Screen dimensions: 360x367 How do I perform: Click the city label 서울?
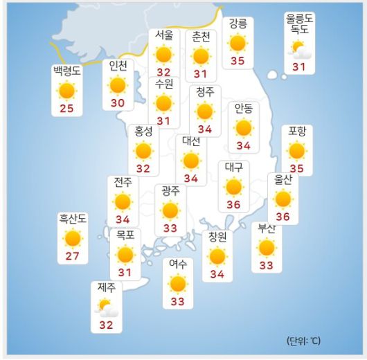[164, 35]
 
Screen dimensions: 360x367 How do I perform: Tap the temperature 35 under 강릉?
[238, 60]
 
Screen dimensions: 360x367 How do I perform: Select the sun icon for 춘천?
[201, 55]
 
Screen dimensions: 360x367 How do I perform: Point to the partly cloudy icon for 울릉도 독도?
[299, 49]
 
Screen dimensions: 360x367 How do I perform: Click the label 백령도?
[66, 71]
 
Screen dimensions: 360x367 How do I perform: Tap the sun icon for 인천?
[118, 85]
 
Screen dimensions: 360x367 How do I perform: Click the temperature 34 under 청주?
[204, 129]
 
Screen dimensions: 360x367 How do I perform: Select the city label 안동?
[243, 108]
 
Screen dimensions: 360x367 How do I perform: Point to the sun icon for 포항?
[297, 150]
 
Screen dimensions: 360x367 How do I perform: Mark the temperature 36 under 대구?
[233, 204]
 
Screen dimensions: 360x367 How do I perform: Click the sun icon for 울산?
[283, 199]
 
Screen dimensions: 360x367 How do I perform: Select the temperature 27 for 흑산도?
[72, 256]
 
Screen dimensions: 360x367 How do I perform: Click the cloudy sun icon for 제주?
[106, 306]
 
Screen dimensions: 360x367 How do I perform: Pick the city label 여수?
[178, 264]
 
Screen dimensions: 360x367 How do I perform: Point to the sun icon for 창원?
[217, 257]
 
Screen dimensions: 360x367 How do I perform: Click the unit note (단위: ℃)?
[303, 341]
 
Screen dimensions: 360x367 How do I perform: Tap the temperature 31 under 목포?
[125, 272]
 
